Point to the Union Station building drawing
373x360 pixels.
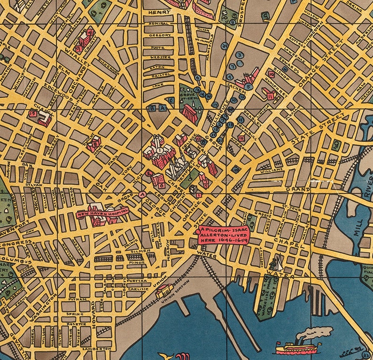click(164, 290)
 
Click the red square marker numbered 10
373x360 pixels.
click(271, 74)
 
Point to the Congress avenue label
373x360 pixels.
click(16, 243)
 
